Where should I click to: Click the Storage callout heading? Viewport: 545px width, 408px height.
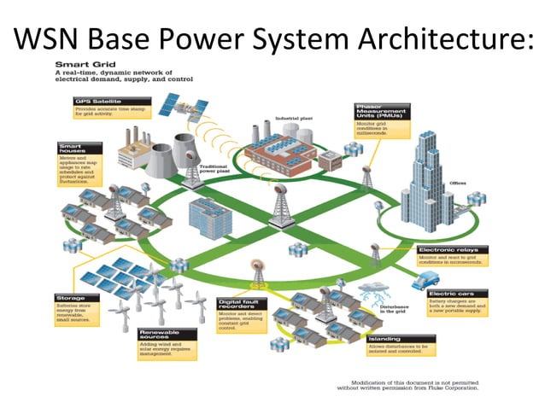coord(68,299)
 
